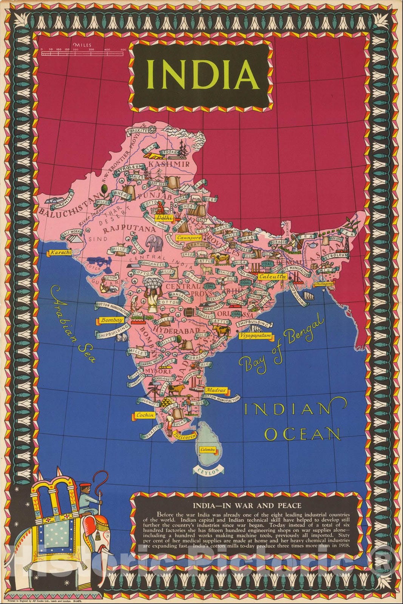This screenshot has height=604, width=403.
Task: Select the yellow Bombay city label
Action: pyautogui.click(x=111, y=320)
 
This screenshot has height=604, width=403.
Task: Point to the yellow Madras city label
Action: pyautogui.click(x=216, y=390)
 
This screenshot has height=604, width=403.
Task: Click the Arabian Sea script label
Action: pyautogui.click(x=72, y=325)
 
